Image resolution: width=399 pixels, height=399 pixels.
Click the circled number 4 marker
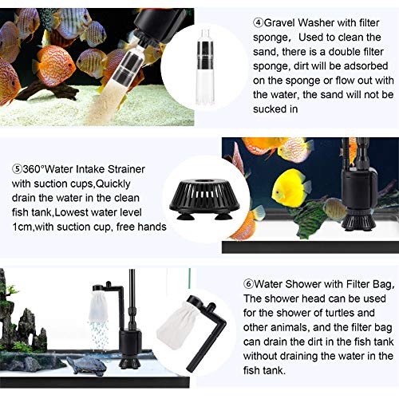coord(258,22)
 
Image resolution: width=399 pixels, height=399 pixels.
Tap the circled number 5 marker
coord(17,169)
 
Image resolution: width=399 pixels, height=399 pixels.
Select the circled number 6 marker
coord(248,284)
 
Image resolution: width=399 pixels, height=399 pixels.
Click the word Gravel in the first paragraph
coord(279,22)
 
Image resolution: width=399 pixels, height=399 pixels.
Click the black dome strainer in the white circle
coord(204,199)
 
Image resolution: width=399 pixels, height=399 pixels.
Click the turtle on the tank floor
coord(85,365)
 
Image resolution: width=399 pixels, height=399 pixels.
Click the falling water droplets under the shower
coord(98,334)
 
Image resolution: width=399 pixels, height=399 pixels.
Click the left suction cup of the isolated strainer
coord(184,215)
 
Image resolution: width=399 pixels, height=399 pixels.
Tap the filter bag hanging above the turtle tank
coord(97,306)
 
